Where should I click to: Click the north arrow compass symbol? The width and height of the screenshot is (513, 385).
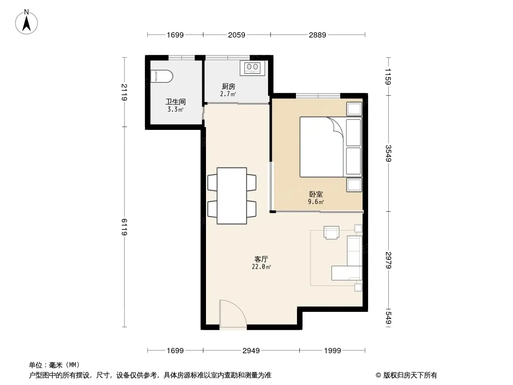(x=26, y=22)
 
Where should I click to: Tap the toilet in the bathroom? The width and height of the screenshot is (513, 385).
(x=162, y=77)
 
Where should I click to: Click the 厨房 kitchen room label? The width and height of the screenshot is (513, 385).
(x=229, y=87)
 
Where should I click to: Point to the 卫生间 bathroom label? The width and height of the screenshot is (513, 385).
(x=175, y=102)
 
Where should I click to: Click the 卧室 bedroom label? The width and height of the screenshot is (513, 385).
(x=316, y=194)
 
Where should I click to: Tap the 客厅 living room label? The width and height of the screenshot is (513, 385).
(x=261, y=259)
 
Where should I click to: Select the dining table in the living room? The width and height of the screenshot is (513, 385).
(x=231, y=195)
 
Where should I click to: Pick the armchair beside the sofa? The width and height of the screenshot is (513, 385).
(x=332, y=232)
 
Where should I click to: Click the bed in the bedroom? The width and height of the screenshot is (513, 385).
(x=331, y=147)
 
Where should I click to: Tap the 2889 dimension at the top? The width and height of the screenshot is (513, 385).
(x=317, y=35)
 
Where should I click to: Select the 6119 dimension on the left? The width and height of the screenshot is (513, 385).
(x=124, y=227)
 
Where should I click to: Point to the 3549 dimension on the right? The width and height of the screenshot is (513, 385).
(x=388, y=153)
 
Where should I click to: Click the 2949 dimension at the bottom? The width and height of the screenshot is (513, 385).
(x=251, y=351)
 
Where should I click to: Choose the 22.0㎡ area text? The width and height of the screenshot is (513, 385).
(x=261, y=267)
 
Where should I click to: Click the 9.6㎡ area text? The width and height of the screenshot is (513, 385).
(x=316, y=202)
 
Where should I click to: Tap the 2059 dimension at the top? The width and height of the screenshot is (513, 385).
(x=237, y=35)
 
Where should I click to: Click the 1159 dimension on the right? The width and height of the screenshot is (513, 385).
(x=388, y=77)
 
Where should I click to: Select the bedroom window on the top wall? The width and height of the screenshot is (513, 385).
(x=318, y=95)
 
